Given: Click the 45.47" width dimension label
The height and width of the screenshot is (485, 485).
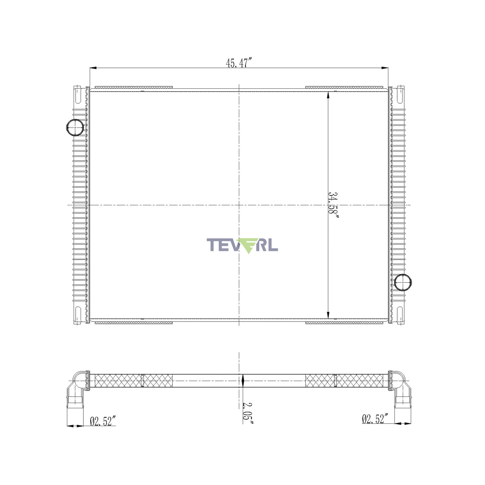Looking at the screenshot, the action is pyautogui.click(x=238, y=63).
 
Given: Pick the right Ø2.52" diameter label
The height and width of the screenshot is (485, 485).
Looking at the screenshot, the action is pyautogui.click(x=375, y=419).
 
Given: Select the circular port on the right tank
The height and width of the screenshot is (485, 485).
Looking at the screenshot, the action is pyautogui.click(x=403, y=283).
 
